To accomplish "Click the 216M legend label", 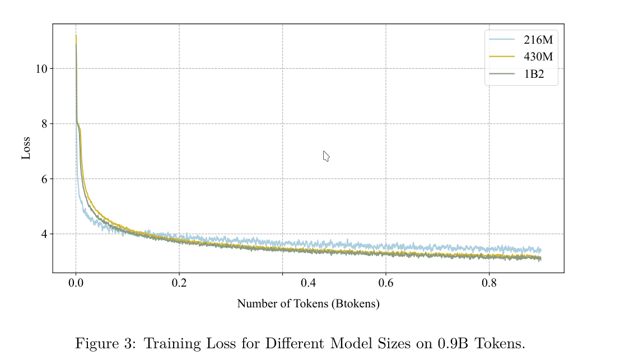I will pyautogui.click(x=538, y=40).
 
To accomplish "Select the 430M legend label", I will pyautogui.click(x=538, y=57).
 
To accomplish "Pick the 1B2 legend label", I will pyautogui.click(x=534, y=74).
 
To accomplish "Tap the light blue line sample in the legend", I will pyautogui.click(x=501, y=39).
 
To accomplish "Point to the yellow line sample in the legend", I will pyautogui.click(x=501, y=57).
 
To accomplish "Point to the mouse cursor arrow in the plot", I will pyautogui.click(x=326, y=156).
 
